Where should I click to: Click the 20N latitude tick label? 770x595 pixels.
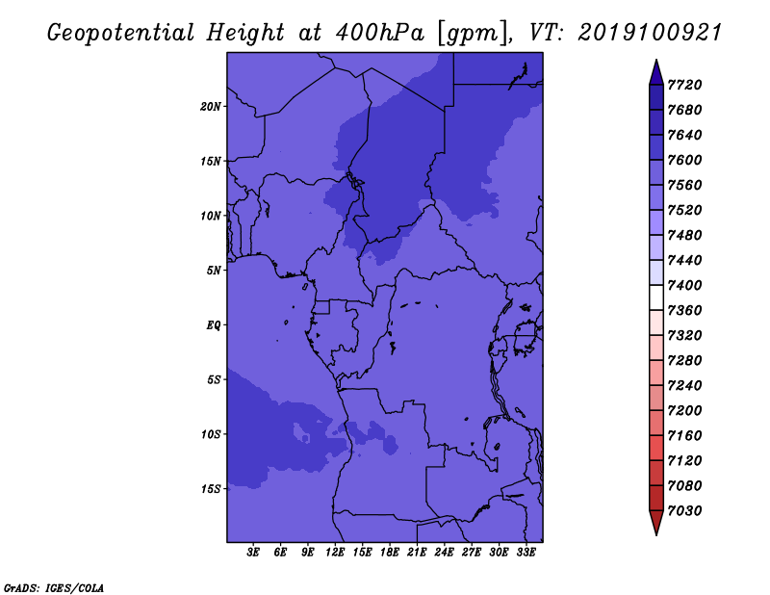tap(211, 107)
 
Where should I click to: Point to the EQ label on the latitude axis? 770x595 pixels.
tap(214, 325)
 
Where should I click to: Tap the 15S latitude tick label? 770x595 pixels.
tap(211, 489)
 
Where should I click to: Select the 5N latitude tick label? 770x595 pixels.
tap(214, 271)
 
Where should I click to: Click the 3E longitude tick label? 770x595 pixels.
tap(253, 553)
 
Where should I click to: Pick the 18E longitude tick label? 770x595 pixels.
tap(390, 553)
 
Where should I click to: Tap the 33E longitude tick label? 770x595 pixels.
tap(526, 553)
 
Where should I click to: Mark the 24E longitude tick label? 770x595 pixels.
tap(444, 553)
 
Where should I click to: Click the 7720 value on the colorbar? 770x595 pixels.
tap(684, 85)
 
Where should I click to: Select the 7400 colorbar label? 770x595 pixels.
tap(684, 285)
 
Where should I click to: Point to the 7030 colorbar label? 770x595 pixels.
tap(684, 511)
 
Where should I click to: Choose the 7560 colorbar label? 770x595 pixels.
tap(684, 185)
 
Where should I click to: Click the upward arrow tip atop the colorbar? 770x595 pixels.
tap(656, 60)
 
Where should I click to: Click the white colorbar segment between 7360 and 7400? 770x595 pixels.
tap(656, 297)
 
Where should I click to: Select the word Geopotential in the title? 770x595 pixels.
tap(121, 34)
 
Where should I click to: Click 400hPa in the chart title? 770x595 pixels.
tap(379, 33)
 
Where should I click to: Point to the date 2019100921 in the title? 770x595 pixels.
tap(649, 33)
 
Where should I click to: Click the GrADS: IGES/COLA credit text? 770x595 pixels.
tap(54, 588)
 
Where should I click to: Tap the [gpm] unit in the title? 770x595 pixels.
tap(474, 34)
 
